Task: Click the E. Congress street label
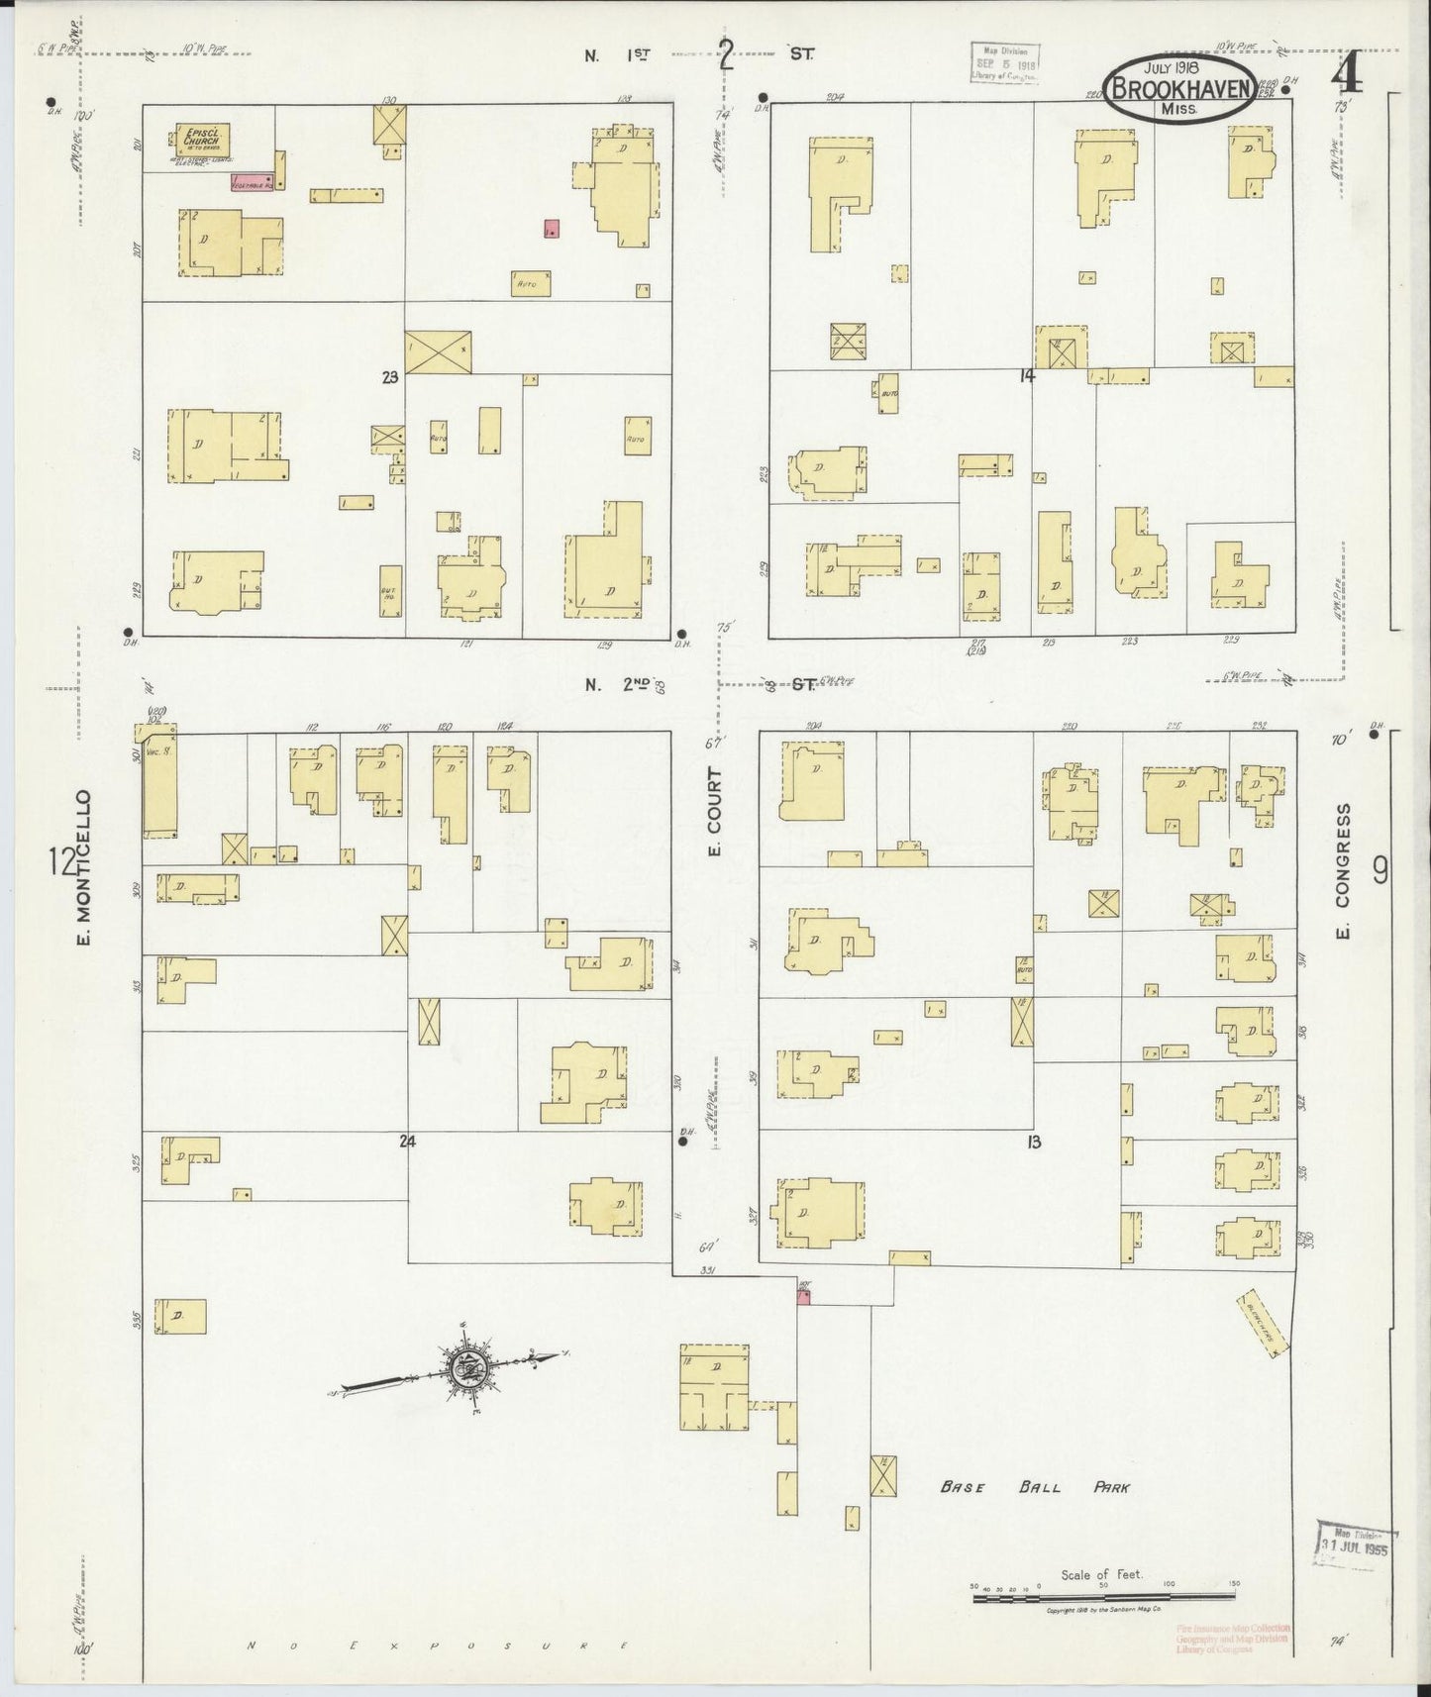tap(1343, 871)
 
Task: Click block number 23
tap(389, 376)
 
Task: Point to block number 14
tap(1027, 375)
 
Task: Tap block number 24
tap(406, 1141)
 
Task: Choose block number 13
tap(1034, 1142)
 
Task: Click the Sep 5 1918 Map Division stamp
tap(1003, 62)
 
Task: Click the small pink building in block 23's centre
tap(552, 229)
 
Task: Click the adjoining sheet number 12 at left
tap(61, 861)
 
